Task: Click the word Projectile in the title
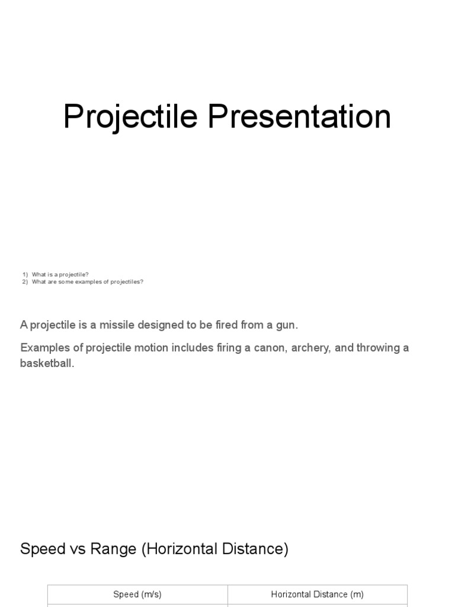[x=130, y=117]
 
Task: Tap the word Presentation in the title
[x=299, y=117]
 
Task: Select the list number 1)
[x=25, y=274]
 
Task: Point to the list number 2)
[x=25, y=282]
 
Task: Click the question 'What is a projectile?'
[x=60, y=274]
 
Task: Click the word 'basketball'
[x=46, y=363]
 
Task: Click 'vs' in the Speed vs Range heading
[x=78, y=549]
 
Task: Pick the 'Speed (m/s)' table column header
[x=137, y=594]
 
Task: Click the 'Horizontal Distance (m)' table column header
[x=318, y=594]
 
